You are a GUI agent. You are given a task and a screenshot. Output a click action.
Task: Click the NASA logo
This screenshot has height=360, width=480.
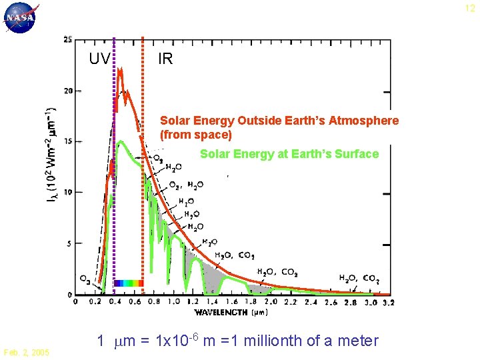(x=21, y=18)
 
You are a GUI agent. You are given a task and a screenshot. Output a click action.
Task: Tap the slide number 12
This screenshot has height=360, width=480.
(x=469, y=8)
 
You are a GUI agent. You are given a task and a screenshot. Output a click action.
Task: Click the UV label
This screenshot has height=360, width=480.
(x=100, y=59)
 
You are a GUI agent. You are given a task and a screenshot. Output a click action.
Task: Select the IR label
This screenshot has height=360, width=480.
(x=165, y=59)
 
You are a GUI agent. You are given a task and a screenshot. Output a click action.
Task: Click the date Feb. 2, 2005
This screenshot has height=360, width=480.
(x=26, y=352)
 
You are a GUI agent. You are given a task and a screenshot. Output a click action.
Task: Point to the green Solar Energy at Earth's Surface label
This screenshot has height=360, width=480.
(x=289, y=154)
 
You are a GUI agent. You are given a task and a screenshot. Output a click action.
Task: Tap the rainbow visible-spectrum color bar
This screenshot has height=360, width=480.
(x=128, y=283)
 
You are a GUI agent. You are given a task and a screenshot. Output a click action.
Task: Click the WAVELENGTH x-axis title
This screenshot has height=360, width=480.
(x=223, y=312)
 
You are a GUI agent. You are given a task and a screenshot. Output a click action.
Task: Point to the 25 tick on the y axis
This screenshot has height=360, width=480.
(x=68, y=39)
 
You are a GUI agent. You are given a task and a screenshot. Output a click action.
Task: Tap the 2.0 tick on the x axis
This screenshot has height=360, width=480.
(x=272, y=302)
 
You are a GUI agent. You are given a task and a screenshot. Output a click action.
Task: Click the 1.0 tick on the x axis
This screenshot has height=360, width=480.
(x=173, y=302)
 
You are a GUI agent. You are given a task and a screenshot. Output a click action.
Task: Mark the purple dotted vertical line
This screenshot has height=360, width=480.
(x=114, y=167)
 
